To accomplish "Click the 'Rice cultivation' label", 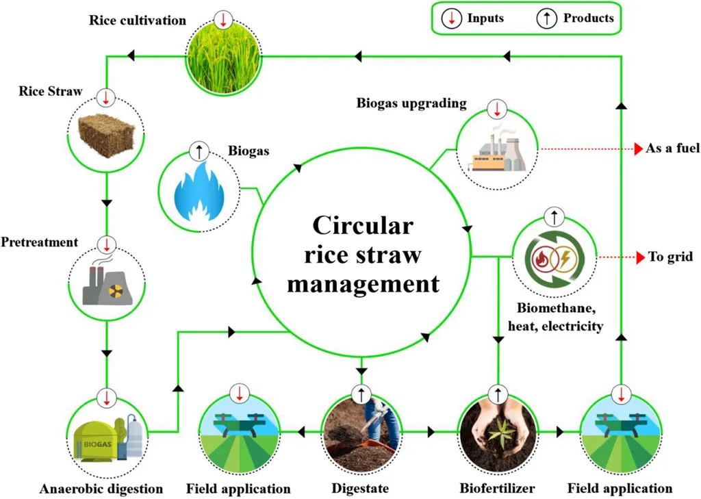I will [137, 20].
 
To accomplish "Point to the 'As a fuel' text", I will [672, 148].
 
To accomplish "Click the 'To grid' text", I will [670, 257].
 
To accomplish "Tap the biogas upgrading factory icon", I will [498, 150].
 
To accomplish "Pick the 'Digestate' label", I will [360, 489].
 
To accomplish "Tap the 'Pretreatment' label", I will [39, 242].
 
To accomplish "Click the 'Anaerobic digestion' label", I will [101, 489].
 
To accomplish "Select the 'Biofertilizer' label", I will [497, 489].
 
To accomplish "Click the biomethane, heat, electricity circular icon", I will [554, 257].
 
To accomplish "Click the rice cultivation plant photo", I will [224, 56].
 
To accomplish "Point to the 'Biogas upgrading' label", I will [411, 104].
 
